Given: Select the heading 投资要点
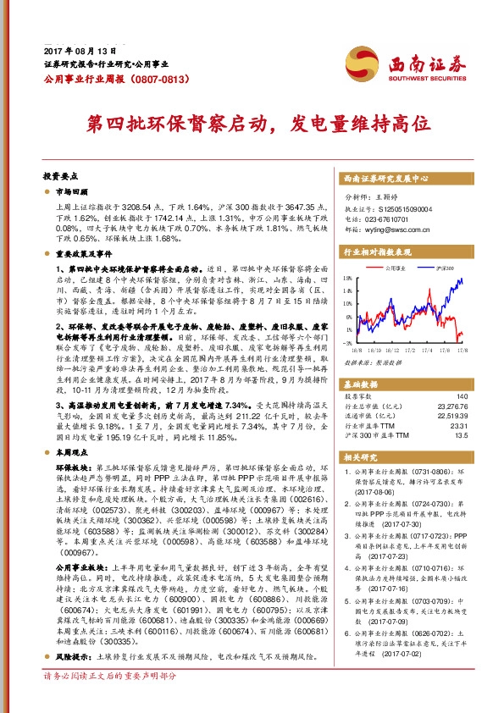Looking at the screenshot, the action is [60, 178].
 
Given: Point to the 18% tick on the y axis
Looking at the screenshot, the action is [346, 277].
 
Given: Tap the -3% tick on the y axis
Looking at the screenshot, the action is [346, 343].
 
